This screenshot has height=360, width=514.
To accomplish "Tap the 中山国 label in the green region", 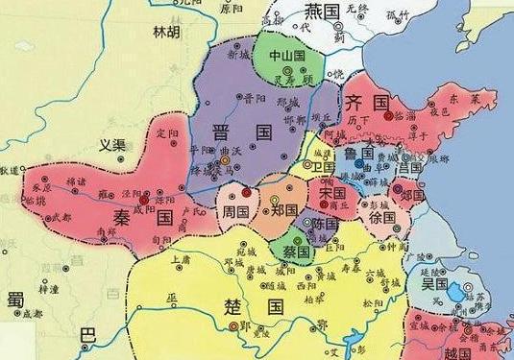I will click(x=286, y=55).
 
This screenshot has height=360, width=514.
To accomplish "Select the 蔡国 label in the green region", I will click(x=295, y=248).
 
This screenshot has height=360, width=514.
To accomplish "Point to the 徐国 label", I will click(x=382, y=218).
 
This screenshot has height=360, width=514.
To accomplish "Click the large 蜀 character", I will click(x=14, y=300).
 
